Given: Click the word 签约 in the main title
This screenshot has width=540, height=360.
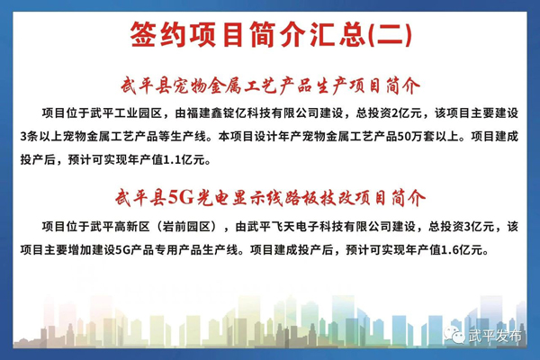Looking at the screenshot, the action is pos(157,35).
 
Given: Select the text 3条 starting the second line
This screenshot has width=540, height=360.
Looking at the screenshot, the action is pos(29,137).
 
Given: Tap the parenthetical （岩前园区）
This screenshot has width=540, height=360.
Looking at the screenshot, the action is pos(186,227).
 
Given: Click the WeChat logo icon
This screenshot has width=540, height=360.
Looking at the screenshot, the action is pos(454,334).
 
